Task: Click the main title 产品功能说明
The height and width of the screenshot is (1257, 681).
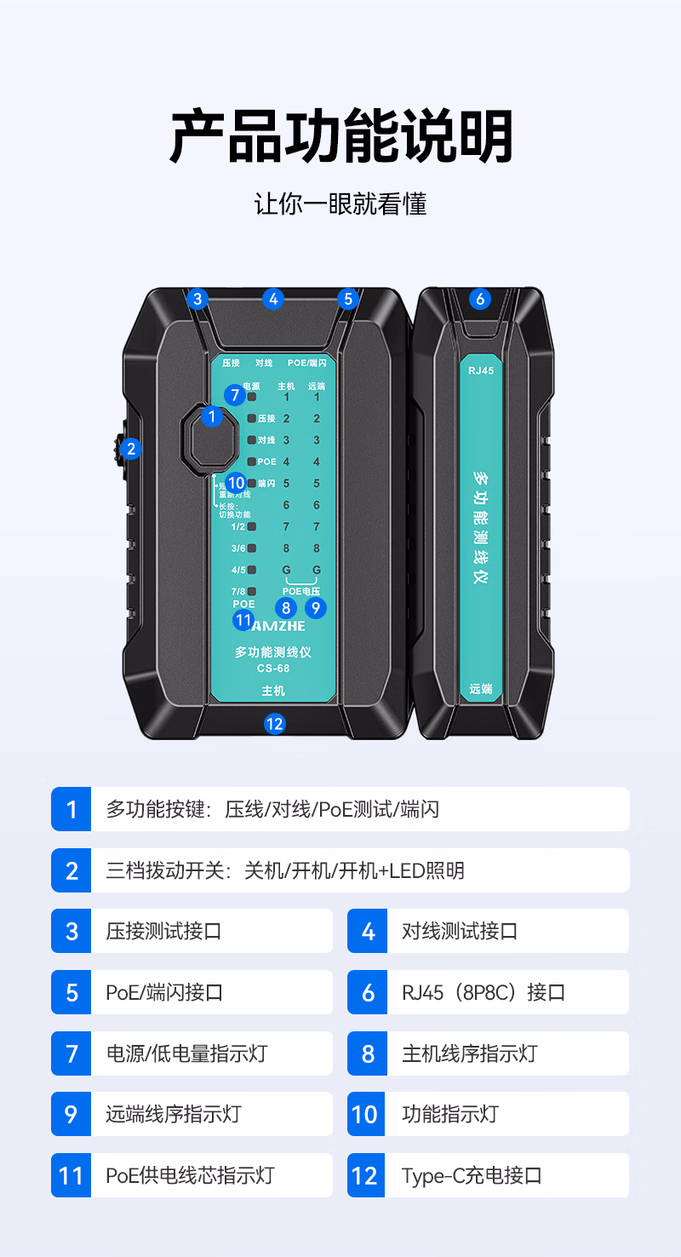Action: tap(340, 136)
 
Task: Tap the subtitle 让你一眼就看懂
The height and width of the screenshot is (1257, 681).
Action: tap(340, 204)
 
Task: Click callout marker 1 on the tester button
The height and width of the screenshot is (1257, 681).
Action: tap(211, 416)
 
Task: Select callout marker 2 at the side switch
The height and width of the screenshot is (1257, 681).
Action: tap(130, 449)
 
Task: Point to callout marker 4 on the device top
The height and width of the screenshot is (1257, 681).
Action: tap(272, 299)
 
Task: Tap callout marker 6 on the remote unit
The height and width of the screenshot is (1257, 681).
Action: tap(480, 299)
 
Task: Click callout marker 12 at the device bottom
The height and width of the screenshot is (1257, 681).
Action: tap(274, 724)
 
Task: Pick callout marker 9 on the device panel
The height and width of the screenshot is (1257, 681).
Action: tap(316, 607)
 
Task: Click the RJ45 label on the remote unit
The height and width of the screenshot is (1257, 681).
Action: tap(481, 370)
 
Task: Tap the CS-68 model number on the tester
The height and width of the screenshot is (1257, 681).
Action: tap(273, 669)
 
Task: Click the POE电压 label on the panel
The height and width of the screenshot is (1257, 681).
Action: tap(301, 591)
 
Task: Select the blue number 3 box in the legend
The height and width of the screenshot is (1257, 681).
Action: tap(72, 931)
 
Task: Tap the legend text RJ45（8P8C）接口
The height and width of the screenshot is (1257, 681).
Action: tap(484, 992)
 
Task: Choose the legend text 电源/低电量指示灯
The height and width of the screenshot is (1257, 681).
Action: tap(186, 1053)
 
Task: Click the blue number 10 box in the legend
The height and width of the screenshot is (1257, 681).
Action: tap(367, 1115)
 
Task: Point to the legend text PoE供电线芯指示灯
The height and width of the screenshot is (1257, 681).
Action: tap(191, 1176)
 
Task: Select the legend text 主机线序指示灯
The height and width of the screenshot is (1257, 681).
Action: tap(469, 1053)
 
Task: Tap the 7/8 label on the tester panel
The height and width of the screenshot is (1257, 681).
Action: tap(237, 591)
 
